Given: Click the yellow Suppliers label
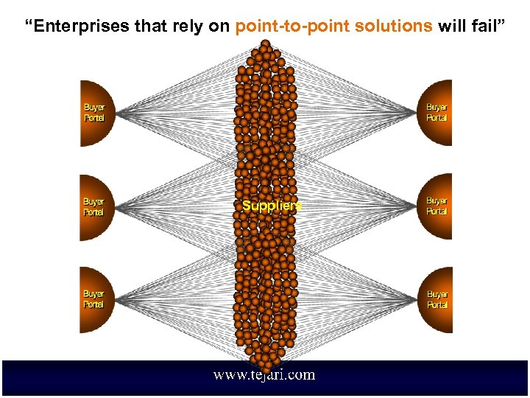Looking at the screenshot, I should tap(272, 206).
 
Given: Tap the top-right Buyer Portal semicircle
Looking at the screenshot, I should tap(437, 113).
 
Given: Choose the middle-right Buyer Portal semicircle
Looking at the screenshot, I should tap(437, 206).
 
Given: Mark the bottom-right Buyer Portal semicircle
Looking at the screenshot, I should tap(437, 299).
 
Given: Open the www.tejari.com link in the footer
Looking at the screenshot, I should tap(264, 375).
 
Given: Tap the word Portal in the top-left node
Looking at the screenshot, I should tap(94, 118).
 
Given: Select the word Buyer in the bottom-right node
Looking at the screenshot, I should tap(437, 295).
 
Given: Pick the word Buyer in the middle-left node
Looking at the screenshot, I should tap(93, 201).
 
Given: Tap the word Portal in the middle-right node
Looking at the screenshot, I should tap(437, 212).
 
